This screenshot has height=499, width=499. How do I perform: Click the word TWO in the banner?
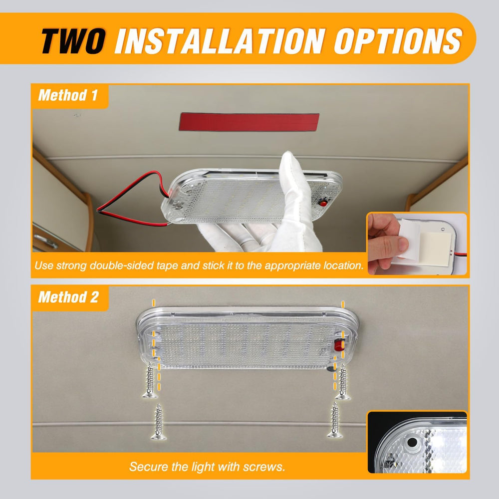73,40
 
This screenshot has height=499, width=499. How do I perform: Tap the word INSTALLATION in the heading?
220,40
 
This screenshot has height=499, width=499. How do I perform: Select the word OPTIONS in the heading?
398,40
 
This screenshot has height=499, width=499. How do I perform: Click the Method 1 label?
68,95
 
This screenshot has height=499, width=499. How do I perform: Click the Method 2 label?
68,297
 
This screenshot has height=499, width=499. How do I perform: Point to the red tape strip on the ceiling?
249,122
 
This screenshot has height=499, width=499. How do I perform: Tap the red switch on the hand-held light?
323,203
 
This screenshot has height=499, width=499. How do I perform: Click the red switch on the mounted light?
339,345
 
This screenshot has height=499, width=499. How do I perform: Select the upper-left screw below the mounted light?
150,380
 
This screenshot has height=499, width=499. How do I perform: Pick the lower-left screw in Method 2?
159,422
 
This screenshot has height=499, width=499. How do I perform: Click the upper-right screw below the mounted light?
343,382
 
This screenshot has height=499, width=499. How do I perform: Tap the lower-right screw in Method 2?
335,420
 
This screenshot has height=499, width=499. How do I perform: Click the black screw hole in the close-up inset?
412,442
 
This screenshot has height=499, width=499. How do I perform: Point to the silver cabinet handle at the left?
46,241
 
